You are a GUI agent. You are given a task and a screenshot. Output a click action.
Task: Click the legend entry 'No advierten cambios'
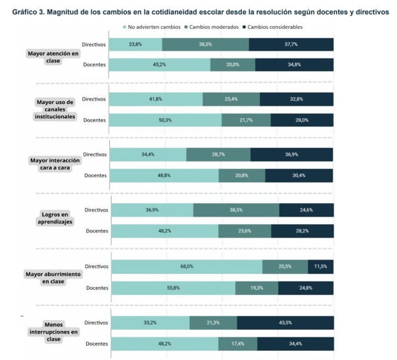coord(153,27)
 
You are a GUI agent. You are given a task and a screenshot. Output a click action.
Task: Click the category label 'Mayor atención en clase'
coord(53,56)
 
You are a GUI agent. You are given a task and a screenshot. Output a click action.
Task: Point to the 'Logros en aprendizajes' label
coord(53,218)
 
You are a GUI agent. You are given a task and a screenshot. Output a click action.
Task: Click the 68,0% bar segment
coord(187,266)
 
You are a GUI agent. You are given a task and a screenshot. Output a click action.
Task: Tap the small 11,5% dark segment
coord(321,266)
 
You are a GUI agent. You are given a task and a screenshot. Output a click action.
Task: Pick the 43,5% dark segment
coord(285,323)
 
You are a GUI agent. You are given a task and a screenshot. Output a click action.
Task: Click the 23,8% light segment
coord(135,44)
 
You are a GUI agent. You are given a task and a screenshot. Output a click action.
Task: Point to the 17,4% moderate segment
coord(237,344)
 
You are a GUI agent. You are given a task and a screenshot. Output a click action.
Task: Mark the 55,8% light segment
coord(173,288)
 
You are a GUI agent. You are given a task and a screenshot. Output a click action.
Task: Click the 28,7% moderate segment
coord(218,154)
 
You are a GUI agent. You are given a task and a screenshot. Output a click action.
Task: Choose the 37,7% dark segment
coord(291,44)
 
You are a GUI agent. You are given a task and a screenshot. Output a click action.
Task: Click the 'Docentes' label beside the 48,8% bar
coord(95,175)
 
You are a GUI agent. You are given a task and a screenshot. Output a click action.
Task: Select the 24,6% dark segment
coord(306,210)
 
